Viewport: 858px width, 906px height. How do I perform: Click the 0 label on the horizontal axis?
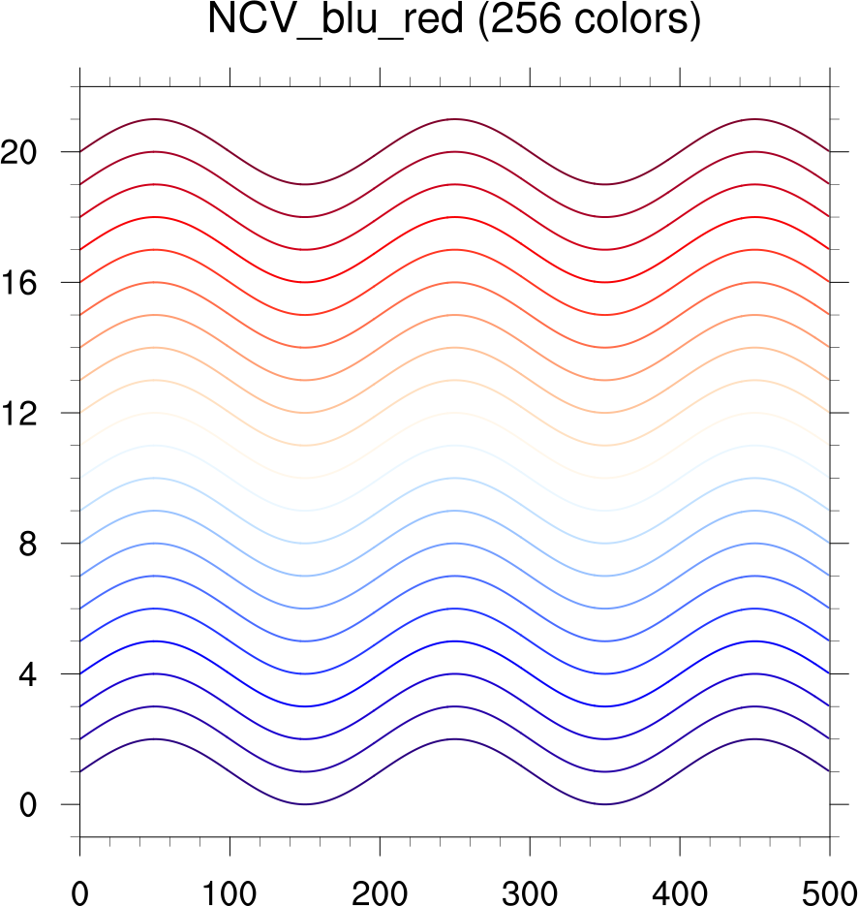79,884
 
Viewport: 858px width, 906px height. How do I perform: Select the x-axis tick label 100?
230,884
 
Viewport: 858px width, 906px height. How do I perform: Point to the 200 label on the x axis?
380,884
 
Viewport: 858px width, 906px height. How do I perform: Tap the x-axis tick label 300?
530,884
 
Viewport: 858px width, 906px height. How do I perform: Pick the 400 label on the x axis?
680,884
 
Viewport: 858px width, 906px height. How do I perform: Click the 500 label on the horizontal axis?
829,884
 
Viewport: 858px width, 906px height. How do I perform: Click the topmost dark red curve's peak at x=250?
454,119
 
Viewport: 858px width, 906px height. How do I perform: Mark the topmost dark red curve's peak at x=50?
154,119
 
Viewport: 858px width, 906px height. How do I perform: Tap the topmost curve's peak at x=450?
754,119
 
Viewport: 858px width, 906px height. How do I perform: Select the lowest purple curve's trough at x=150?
304,804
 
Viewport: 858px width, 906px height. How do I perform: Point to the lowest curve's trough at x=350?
604,804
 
